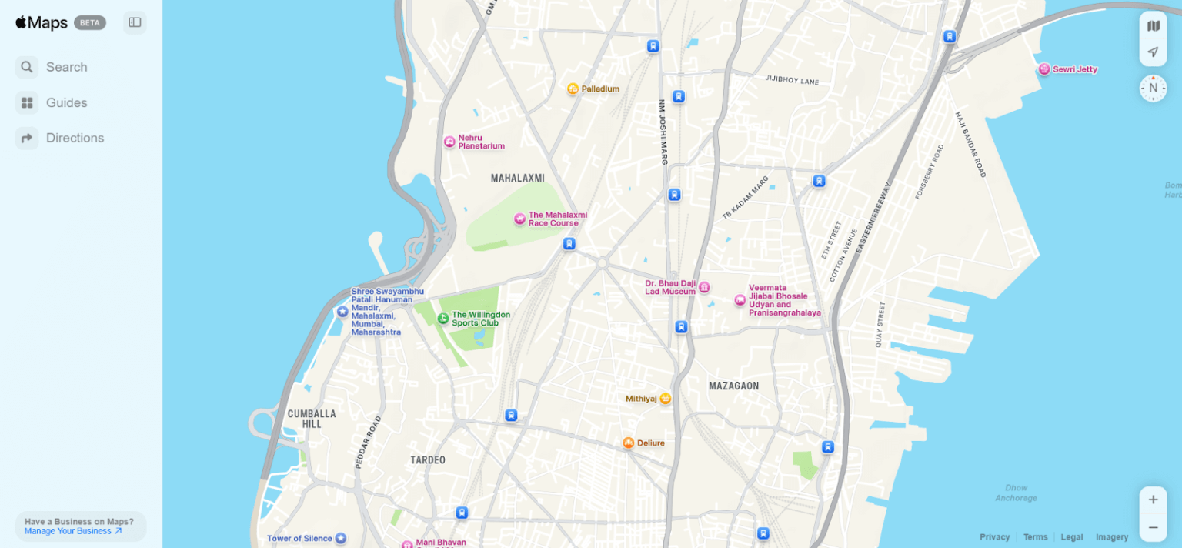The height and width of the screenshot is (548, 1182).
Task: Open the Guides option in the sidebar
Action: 54,102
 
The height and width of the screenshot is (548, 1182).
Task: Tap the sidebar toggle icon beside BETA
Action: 135,22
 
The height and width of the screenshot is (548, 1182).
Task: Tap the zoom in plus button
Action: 1153,500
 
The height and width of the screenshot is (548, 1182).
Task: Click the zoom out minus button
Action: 1153,527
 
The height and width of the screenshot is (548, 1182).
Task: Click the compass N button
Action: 1153,88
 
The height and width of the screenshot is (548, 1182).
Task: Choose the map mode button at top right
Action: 1153,26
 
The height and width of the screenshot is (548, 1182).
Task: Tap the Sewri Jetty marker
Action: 1044,69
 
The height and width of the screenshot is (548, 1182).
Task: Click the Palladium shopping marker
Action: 573,89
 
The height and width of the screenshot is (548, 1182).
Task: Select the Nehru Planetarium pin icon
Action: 449,142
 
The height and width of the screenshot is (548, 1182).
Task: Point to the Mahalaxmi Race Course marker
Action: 519,219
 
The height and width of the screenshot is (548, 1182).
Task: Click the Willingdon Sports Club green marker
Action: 443,318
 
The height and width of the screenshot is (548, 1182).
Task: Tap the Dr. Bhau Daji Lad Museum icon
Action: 703,287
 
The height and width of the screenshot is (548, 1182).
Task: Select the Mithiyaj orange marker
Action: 666,398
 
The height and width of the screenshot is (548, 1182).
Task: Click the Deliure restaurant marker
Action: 628,443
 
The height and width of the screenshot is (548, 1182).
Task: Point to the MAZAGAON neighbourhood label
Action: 733,386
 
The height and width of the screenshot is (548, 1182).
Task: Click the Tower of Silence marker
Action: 340,538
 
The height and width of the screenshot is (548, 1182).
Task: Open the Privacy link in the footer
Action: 994,536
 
